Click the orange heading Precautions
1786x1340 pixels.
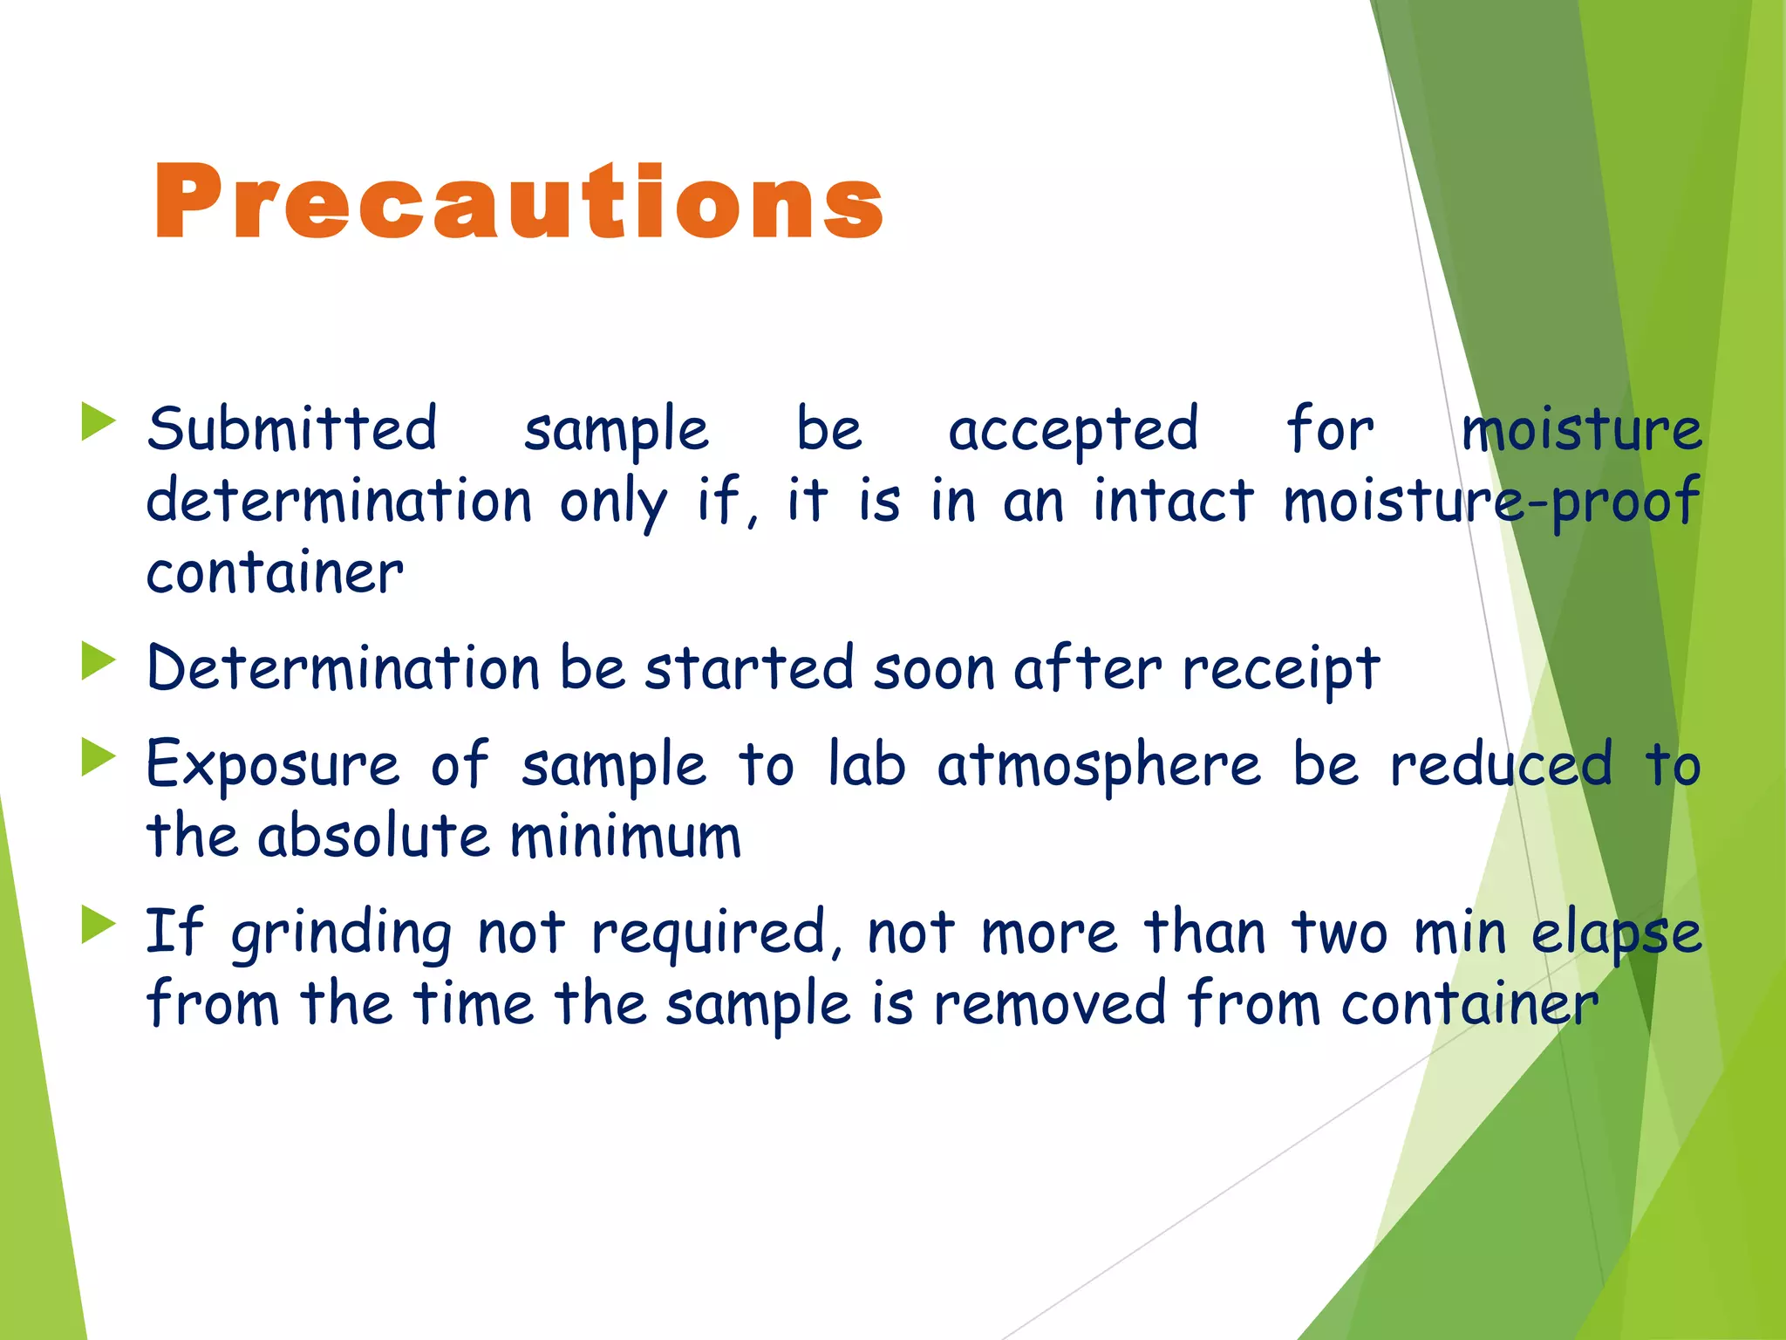click(518, 202)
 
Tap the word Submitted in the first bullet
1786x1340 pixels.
click(291, 429)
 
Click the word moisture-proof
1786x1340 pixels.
click(1491, 502)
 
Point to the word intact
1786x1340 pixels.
click(1173, 501)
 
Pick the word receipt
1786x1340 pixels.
click(1281, 670)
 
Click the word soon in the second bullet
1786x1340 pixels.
click(934, 670)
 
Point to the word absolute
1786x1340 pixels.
click(374, 836)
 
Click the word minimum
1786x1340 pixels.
click(625, 836)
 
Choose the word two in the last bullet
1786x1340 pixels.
click(1339, 933)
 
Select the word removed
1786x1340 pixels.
click(1050, 1003)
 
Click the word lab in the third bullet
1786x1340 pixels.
click(866, 764)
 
